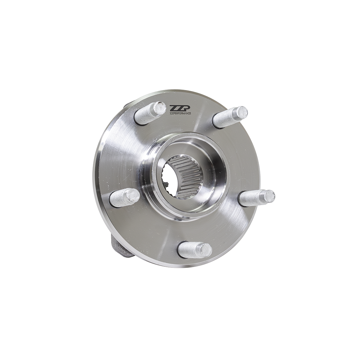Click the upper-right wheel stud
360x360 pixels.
pos(230,117)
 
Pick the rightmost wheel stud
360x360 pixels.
pos(256,198)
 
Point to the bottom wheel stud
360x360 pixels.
pos(194,249)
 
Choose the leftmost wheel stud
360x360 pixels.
pos(124,198)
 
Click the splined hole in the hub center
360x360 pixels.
pos(181,176)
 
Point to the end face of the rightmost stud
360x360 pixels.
pos(269,196)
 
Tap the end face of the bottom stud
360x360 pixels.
pos(206,250)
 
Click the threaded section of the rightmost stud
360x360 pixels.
pos(252,198)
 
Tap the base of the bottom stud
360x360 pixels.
pos(183,249)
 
